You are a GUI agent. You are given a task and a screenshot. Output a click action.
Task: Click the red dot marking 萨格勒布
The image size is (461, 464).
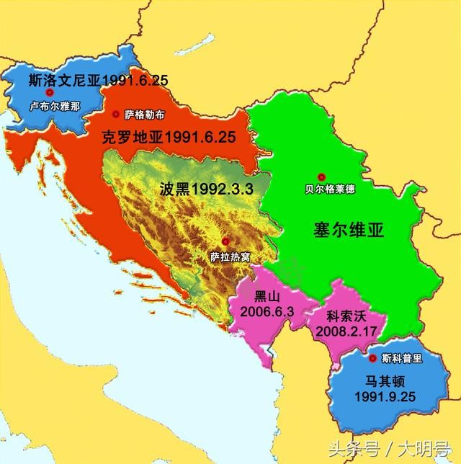point(116,114)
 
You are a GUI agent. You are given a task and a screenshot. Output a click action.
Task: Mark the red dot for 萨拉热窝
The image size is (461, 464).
point(226,241)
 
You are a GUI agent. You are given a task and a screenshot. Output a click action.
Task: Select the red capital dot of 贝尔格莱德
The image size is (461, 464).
point(322,177)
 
